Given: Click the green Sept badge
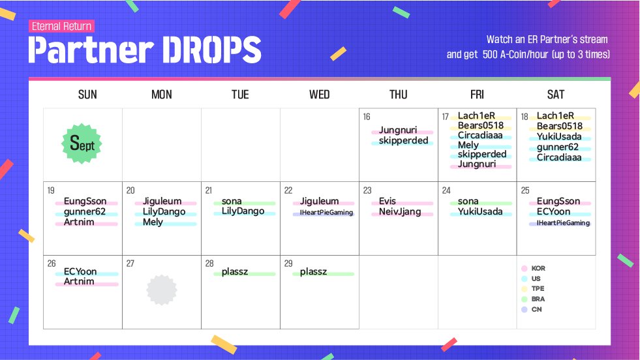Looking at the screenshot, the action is tap(82, 143).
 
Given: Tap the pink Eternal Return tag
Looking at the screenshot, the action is tap(61, 26).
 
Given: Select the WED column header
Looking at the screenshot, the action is tap(319, 95).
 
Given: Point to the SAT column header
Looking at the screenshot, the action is tap(555, 95).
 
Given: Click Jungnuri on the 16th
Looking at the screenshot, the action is tap(398, 130).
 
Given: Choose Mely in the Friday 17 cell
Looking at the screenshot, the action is tap(468, 145).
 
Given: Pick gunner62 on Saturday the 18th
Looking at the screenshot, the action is tap(558, 147).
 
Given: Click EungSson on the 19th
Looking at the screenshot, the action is tap(85, 202).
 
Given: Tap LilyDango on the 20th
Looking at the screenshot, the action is tap(164, 211).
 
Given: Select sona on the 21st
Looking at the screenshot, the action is tap(232, 202).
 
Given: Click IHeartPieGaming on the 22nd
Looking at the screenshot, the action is tap(326, 212).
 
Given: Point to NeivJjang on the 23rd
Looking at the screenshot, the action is tap(399, 211).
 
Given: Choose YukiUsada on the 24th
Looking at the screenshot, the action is tap(480, 211).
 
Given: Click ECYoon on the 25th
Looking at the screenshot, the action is tap(553, 211).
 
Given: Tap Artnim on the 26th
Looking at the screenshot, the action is tap(79, 281).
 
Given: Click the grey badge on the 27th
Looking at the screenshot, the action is tap(162, 290).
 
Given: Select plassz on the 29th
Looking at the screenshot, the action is tap(313, 272).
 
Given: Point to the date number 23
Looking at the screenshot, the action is tap(367, 190).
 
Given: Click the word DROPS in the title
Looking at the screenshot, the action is tap(211, 50).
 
